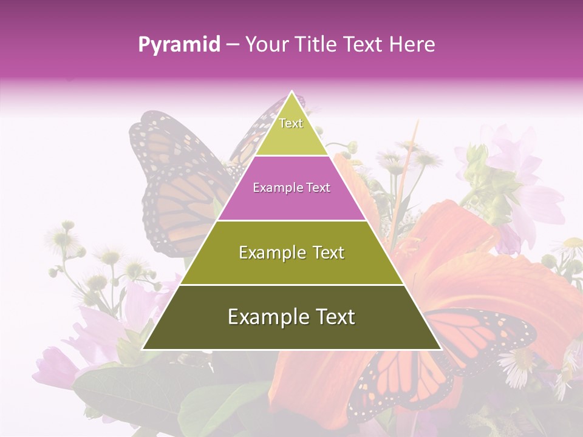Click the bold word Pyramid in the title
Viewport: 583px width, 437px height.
pyautogui.click(x=179, y=45)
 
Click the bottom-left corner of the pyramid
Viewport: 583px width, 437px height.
pyautogui.click(x=143, y=349)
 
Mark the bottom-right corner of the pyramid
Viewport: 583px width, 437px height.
pyautogui.click(x=440, y=349)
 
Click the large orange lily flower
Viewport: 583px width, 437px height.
pyautogui.click(x=462, y=255)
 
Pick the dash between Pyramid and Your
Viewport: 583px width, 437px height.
pyautogui.click(x=232, y=45)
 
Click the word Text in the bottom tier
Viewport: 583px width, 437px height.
pyautogui.click(x=334, y=317)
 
